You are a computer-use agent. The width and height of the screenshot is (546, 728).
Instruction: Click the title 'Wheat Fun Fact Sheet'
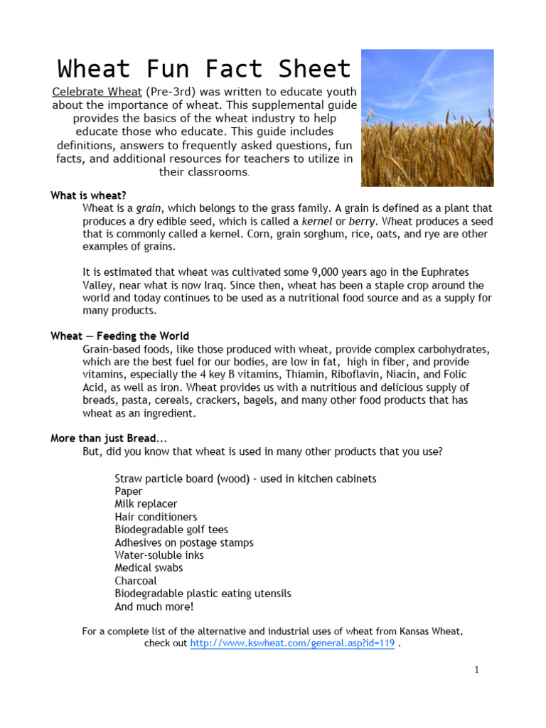point(204,69)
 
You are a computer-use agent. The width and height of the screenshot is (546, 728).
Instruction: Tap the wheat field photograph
point(427,118)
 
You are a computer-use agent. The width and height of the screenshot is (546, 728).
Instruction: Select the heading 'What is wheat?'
point(88,196)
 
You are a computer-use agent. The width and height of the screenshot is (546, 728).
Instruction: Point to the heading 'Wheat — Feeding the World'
point(119,336)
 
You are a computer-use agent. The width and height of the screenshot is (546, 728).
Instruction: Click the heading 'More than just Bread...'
point(109,439)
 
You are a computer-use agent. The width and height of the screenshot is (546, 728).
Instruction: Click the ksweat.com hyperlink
point(292,643)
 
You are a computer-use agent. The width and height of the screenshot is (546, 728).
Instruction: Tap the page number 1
point(477,670)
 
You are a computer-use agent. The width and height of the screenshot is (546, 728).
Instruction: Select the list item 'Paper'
point(129,491)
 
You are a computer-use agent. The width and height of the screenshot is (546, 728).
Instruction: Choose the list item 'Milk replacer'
point(146,504)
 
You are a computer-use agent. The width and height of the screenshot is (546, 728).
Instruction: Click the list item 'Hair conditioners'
point(156,517)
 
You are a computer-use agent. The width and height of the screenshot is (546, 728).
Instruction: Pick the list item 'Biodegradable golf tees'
point(171,530)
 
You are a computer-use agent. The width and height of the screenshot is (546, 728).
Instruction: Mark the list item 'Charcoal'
point(136,581)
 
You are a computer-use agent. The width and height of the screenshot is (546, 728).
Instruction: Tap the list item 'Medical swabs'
point(149,568)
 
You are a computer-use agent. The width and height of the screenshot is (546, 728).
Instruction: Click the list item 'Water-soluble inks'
point(159,555)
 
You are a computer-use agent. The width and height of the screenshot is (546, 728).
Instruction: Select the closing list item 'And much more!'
point(154,606)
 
